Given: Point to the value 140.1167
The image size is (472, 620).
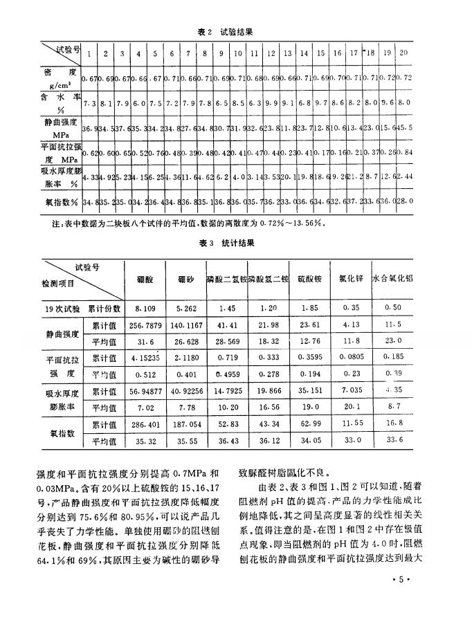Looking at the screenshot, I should [184, 325].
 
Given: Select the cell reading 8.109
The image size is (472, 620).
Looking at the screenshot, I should [143, 307].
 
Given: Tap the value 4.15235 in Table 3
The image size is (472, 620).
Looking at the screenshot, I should [143, 359].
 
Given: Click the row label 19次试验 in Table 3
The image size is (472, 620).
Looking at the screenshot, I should [66, 307].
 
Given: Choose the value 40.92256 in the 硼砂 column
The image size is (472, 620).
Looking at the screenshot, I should [184, 393].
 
